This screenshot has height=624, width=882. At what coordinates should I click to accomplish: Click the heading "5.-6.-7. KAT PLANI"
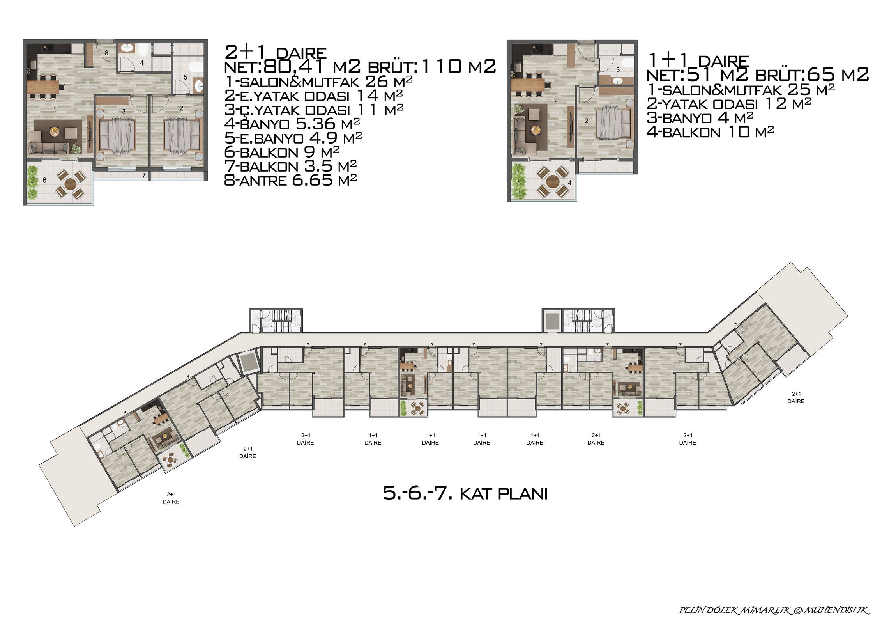(465, 493)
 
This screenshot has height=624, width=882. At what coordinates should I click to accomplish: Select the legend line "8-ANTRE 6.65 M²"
(291, 180)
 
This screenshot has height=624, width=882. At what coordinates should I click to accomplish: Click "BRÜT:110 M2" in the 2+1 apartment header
(432, 67)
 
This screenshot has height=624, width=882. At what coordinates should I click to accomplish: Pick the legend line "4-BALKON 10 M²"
(710, 132)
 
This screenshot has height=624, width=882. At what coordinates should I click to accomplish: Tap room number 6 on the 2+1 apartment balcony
(44, 180)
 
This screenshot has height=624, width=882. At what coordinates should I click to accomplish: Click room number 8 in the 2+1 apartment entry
(106, 53)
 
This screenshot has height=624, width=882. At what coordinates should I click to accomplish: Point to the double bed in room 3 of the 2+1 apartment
(117, 136)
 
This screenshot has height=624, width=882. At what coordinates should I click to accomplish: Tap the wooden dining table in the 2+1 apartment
(43, 86)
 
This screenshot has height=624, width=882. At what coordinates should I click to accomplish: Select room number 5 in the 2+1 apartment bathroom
(186, 77)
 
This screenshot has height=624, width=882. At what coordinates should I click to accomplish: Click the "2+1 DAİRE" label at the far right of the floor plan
(796, 397)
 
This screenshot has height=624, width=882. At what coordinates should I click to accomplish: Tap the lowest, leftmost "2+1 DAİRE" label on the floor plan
(171, 498)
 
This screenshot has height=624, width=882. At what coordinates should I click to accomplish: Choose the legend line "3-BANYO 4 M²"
(700, 118)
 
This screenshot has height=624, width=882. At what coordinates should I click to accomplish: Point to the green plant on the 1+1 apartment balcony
(519, 180)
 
